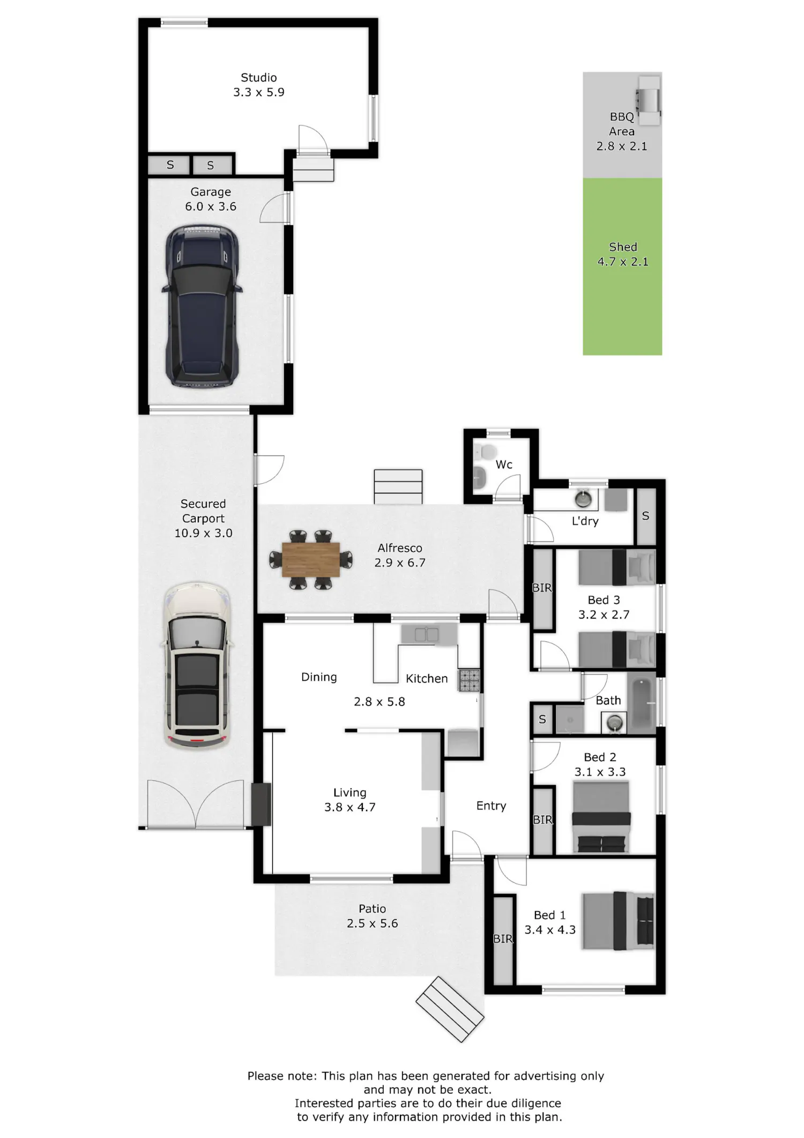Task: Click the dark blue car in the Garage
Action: [202, 306]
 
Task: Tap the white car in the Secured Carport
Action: [198, 666]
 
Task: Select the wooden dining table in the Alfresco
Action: [311, 560]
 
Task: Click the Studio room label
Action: [259, 78]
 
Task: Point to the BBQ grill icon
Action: [648, 100]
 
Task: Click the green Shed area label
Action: [623, 247]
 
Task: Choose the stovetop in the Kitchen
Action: [468, 681]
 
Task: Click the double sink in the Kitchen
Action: [427, 635]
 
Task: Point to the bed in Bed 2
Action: [601, 817]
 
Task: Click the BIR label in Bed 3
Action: [542, 588]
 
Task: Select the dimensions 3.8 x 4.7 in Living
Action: [350, 807]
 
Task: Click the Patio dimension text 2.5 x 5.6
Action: [373, 923]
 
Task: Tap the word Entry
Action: [491, 806]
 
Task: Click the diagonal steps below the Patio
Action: [450, 1009]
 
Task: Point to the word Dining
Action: [319, 677]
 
